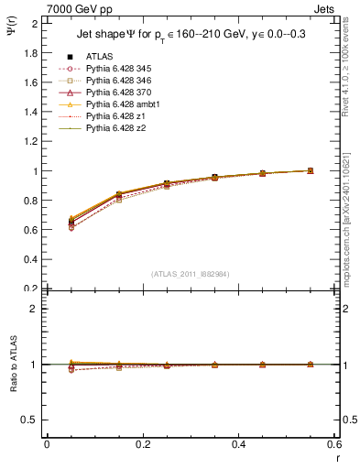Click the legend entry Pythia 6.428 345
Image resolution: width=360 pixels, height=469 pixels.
[x=118, y=69]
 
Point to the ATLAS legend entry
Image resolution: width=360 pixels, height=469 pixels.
[x=100, y=57]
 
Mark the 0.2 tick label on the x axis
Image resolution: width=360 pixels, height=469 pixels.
[x=143, y=444]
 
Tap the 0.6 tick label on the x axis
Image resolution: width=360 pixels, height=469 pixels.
[x=334, y=444]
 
